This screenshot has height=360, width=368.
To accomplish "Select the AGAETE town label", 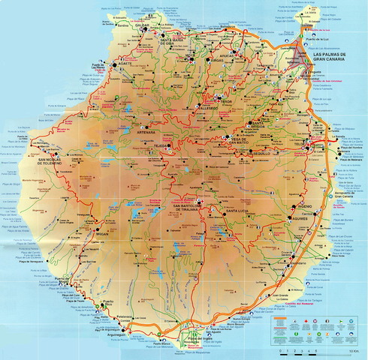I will point(122,64).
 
